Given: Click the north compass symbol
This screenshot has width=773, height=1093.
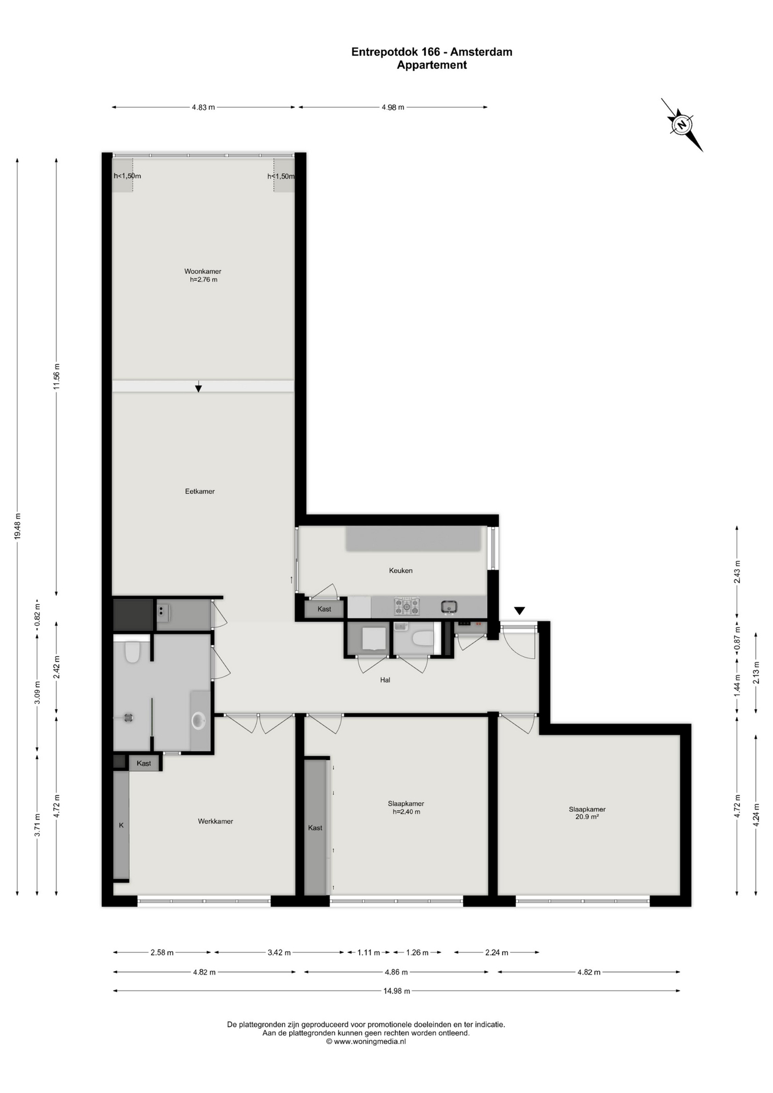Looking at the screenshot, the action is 682,125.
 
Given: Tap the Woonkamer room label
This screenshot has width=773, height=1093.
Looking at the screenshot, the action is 203,272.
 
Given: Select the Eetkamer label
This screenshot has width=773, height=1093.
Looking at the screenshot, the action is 200,491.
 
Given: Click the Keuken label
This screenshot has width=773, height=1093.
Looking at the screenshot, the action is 401,570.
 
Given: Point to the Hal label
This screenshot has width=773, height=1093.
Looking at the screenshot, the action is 385,680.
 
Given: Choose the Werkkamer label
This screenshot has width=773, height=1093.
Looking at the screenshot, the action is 215,821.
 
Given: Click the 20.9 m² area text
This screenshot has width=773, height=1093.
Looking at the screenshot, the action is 587,817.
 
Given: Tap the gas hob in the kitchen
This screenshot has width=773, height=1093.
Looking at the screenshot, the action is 407,606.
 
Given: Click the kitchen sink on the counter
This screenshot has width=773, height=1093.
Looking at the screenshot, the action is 449,607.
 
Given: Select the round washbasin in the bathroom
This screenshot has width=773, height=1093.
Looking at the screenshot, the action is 198,721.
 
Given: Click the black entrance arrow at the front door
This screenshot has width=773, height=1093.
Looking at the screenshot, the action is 519,611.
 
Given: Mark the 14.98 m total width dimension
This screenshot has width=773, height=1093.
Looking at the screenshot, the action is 397,991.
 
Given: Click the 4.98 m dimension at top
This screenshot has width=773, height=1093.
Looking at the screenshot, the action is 393,107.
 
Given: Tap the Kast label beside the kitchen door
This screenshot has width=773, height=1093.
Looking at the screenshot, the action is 324,609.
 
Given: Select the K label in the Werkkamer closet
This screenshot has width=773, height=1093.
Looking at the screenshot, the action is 121,825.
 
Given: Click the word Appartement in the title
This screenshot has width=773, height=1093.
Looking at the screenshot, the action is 431,65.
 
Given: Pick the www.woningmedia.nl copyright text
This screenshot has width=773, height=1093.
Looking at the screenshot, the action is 366,1042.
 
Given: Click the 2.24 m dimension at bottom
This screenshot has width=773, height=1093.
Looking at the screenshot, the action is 496,952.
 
